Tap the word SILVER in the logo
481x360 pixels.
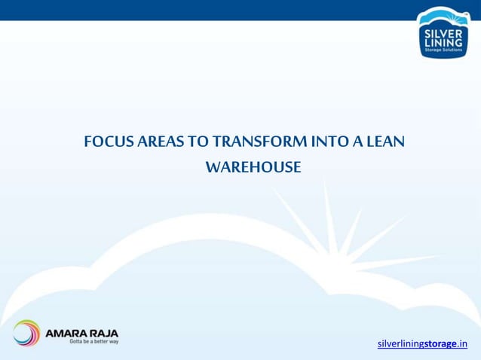point(443,34)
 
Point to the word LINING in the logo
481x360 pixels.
point(443,44)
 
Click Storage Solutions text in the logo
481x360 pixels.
point(443,51)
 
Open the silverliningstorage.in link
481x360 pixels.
point(422,344)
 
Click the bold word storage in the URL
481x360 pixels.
point(440,344)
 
